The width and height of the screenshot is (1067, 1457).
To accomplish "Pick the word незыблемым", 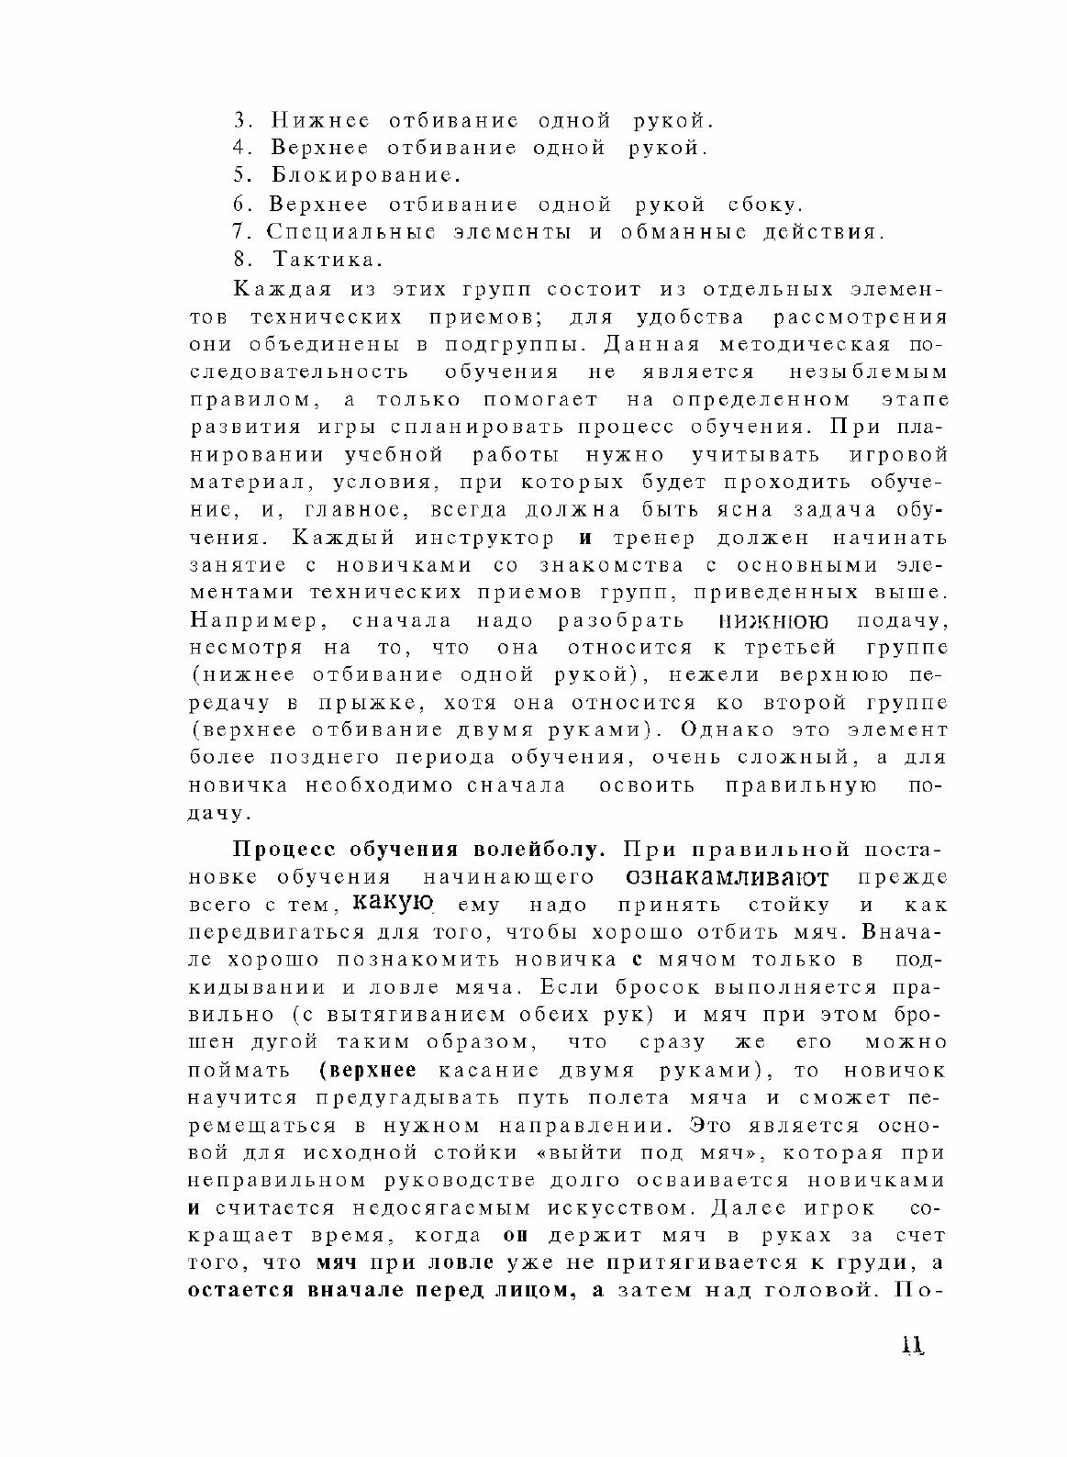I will click(866, 372).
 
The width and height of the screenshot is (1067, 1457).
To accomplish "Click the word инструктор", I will click(483, 538).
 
